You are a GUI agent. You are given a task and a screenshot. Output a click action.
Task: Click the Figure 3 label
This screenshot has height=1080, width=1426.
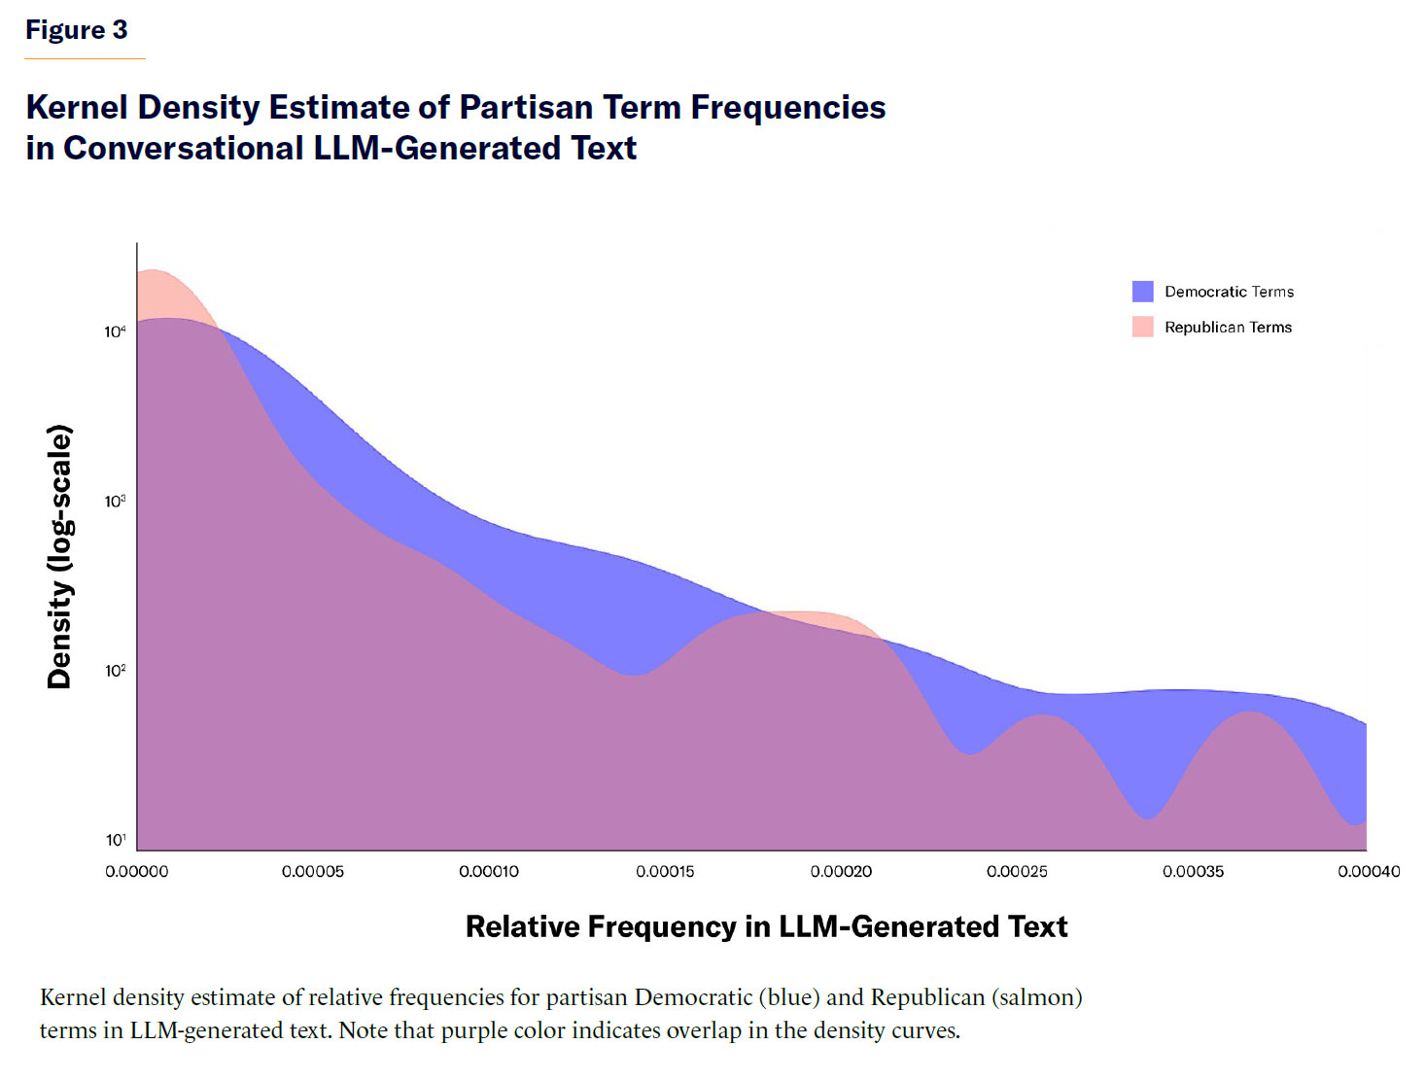point(76,30)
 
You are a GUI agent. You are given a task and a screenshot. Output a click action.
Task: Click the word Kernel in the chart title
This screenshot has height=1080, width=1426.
point(77,107)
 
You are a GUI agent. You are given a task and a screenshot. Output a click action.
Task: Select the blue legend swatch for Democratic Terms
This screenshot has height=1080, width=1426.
point(1142,292)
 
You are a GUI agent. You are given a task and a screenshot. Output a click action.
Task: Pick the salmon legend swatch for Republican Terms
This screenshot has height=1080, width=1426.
point(1142,327)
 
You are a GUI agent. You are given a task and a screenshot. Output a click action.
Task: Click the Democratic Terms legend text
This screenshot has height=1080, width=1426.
point(1229,292)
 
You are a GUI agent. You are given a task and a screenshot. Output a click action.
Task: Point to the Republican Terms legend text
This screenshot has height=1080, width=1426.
point(1228,328)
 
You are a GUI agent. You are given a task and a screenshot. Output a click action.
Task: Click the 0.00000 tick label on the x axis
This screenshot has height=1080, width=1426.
point(137,872)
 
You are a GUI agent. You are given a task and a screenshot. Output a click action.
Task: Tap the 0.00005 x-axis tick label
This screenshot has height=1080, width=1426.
point(313,872)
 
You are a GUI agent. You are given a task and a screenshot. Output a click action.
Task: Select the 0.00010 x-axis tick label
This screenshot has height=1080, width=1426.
point(489,872)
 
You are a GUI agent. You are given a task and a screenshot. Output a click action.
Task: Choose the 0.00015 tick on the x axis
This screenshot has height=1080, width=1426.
point(665,872)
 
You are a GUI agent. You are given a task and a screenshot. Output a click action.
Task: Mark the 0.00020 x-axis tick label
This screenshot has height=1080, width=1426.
point(841,872)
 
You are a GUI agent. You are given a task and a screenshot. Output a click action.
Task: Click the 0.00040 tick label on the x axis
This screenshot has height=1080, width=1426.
point(1369,872)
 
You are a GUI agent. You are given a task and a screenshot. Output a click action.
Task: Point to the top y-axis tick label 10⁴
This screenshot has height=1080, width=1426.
point(115,332)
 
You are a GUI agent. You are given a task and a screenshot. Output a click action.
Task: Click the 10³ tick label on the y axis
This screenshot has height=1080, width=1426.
point(115,502)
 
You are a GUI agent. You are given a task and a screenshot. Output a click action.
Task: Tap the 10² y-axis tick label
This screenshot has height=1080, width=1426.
point(115,671)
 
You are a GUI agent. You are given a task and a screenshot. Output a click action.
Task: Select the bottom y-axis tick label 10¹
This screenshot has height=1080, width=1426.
point(115,840)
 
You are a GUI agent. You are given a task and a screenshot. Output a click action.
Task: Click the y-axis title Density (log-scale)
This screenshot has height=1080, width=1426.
point(59,556)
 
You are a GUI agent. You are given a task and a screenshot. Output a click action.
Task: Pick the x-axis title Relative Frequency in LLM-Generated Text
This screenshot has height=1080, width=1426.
point(766,926)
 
